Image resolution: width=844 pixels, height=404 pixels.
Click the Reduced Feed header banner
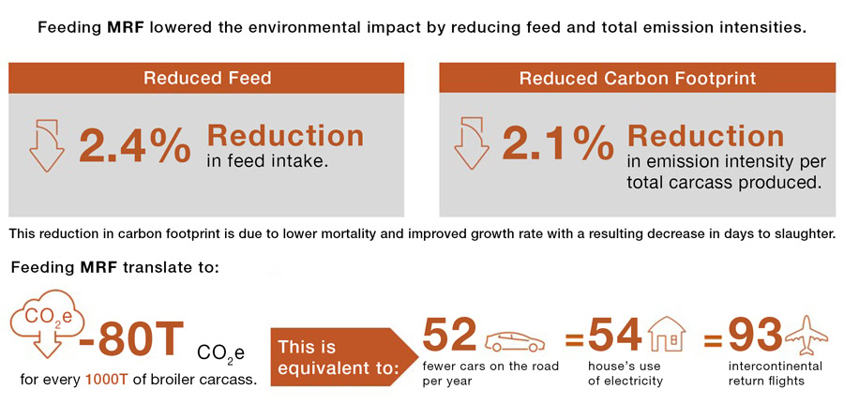point(207,78)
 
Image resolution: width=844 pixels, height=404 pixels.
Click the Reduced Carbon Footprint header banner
point(637,78)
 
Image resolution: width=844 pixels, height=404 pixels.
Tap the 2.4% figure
point(134,145)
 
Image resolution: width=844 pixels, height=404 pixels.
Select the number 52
point(450,336)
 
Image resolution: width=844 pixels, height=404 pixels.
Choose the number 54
point(615,336)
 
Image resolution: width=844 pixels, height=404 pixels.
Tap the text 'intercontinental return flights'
point(775,373)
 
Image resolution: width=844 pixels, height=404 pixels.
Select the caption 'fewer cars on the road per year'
point(490,373)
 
